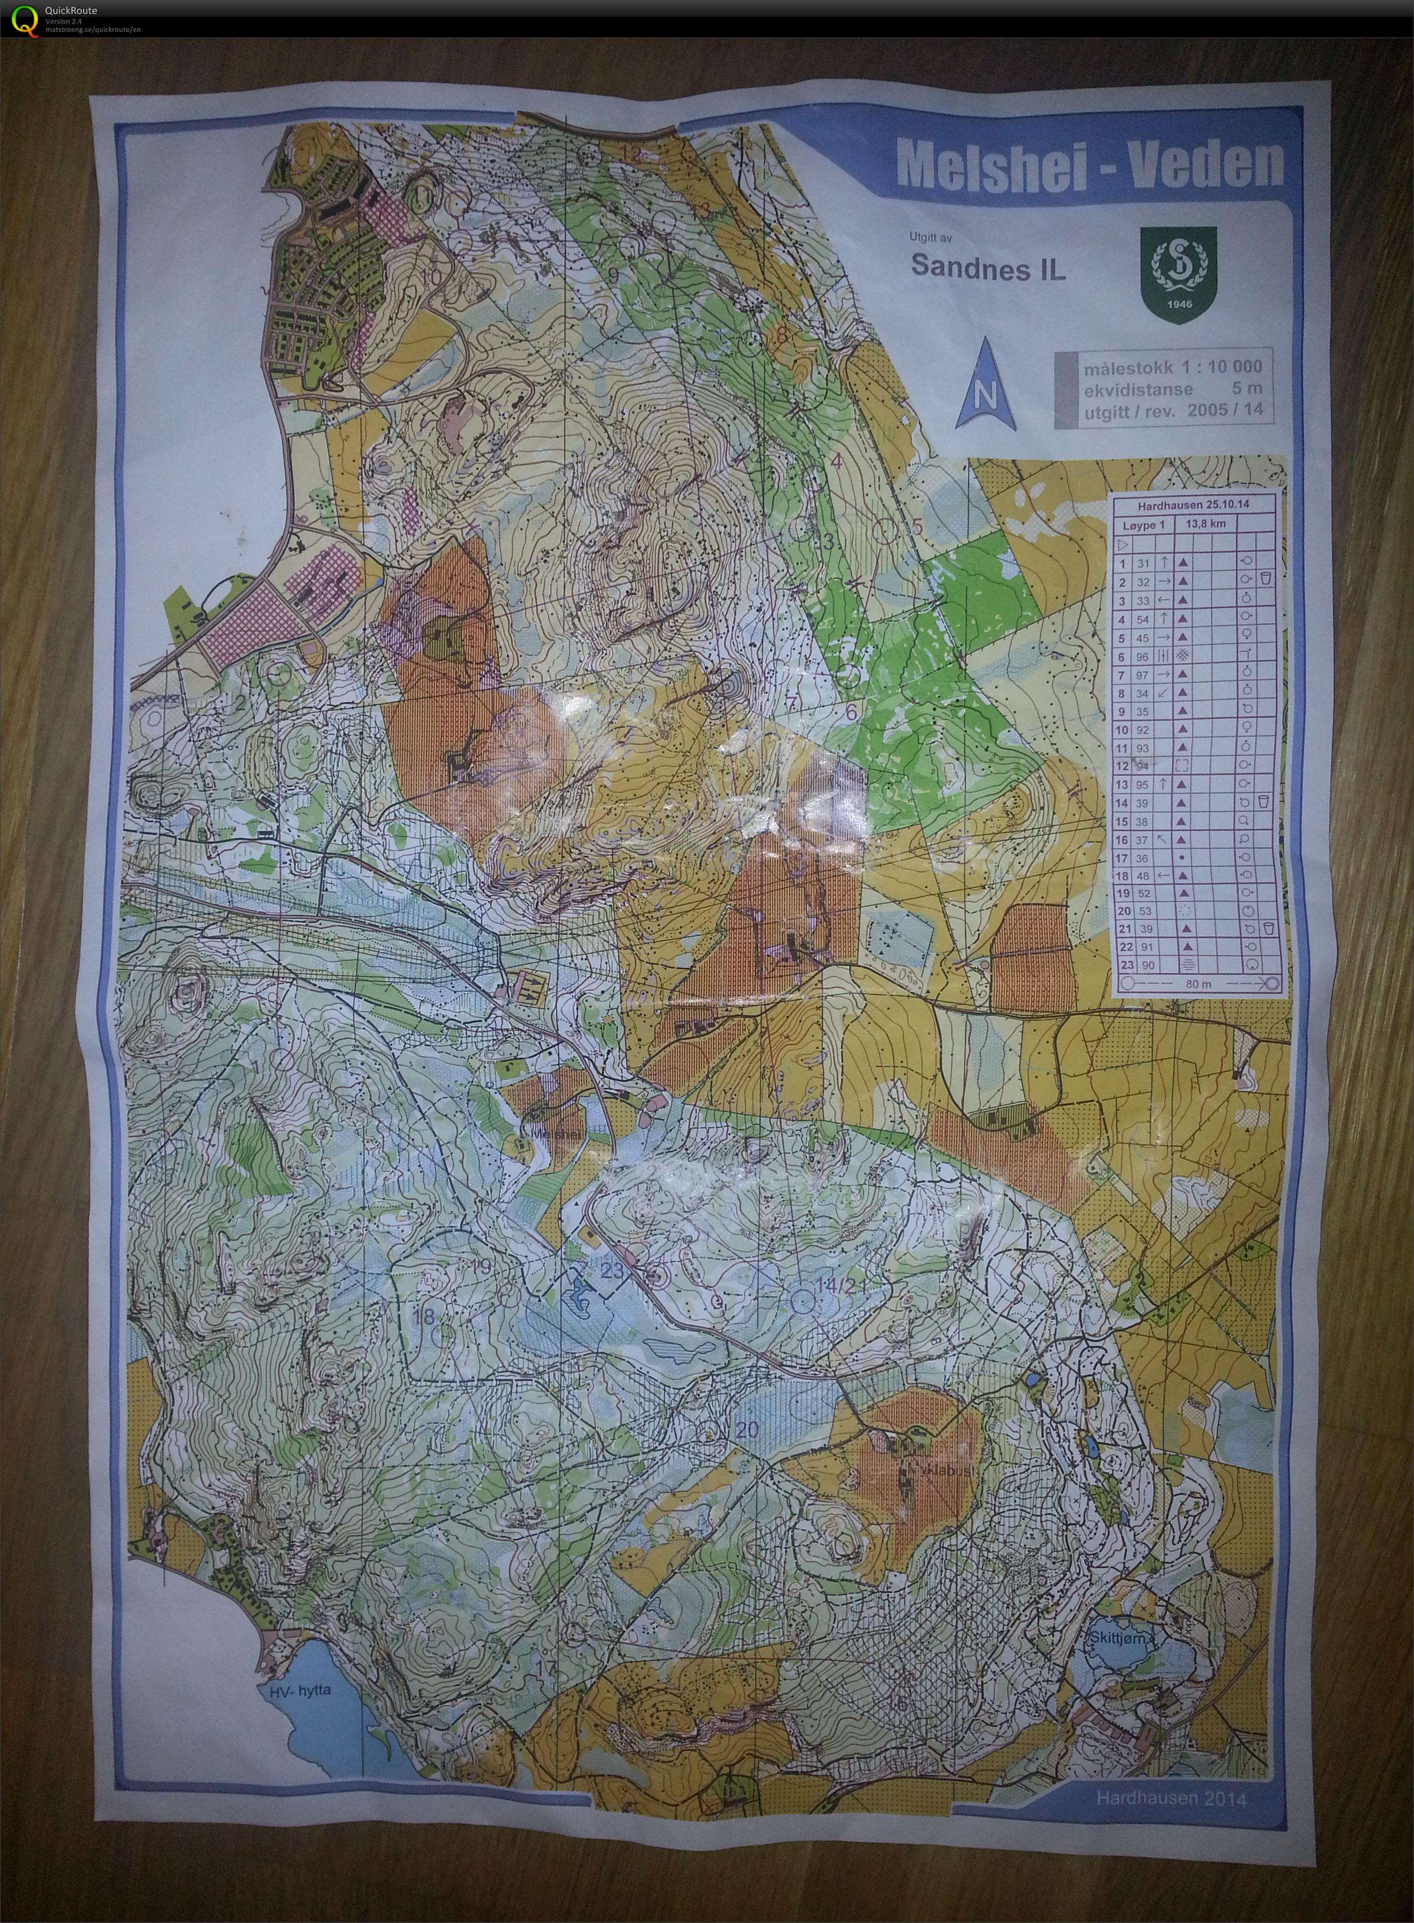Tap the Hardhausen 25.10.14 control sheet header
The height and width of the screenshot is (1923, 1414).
tap(1193, 505)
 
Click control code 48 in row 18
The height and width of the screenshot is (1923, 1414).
tap(1143, 876)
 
